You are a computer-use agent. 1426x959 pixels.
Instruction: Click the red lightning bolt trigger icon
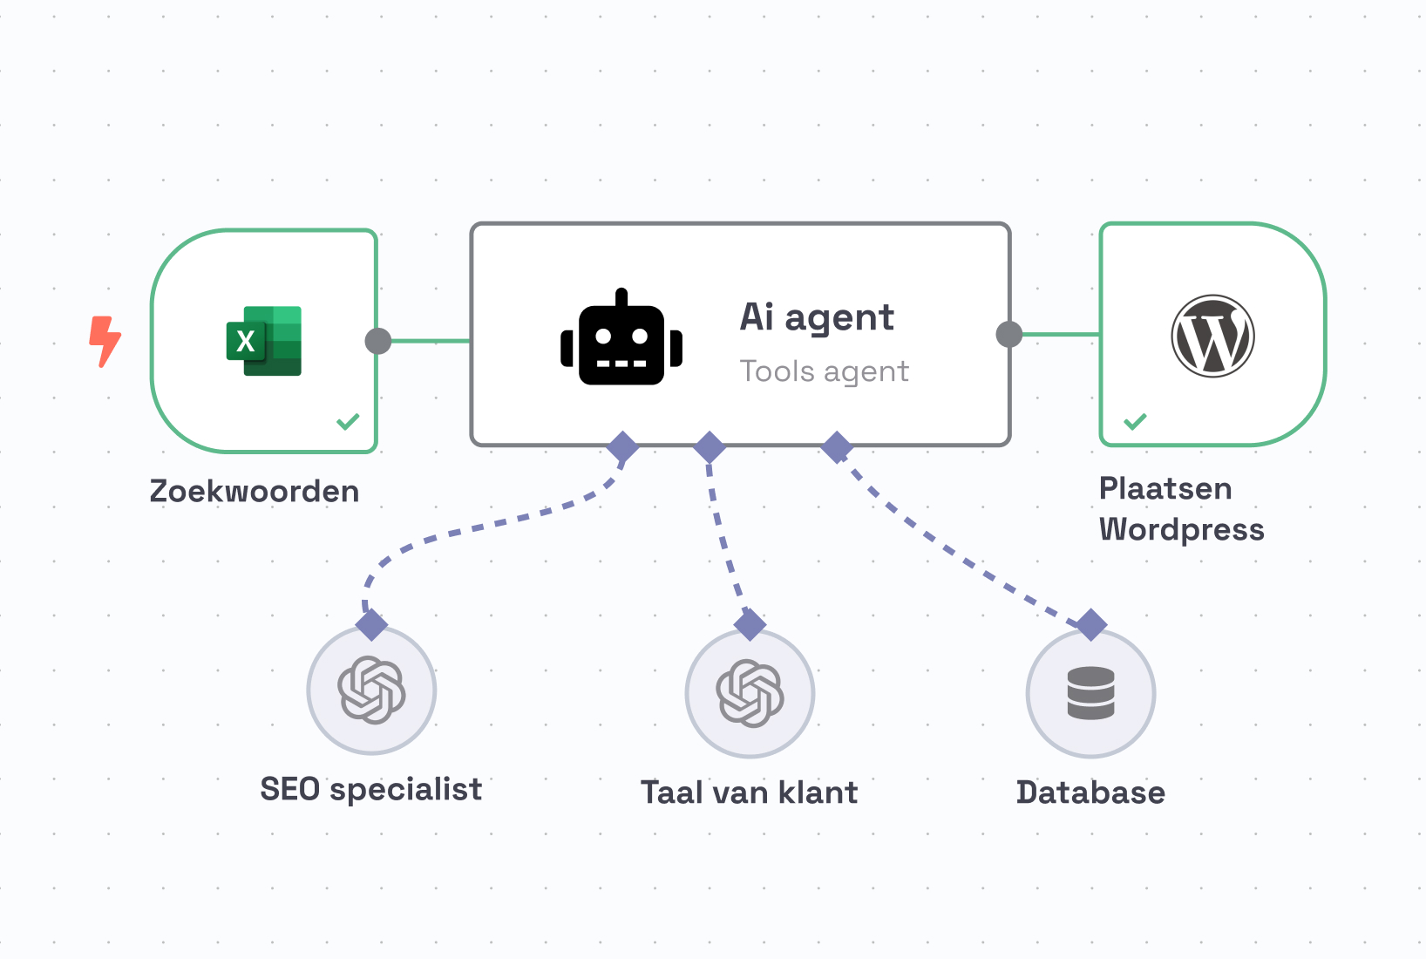pos(105,341)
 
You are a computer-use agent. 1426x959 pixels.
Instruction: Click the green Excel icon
pos(264,341)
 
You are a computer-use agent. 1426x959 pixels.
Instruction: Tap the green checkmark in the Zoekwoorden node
pos(348,422)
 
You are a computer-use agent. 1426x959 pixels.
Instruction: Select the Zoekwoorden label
pos(254,491)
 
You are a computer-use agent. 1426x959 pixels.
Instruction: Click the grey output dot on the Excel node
pos(377,341)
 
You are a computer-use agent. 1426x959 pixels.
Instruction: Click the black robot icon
pos(621,339)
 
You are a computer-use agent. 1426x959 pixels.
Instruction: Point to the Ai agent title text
pos(817,317)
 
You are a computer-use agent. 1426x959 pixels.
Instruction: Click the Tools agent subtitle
pos(824,371)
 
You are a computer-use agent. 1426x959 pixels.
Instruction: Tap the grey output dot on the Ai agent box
pos(1008,334)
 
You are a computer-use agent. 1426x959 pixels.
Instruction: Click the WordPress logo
pos(1212,336)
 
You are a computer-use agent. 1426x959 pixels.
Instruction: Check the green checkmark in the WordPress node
pos(1135,422)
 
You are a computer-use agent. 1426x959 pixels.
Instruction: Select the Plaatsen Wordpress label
pos(1180,509)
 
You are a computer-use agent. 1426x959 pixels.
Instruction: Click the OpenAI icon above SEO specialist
pos(371,690)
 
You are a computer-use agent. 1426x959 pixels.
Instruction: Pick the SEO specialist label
pos(371,789)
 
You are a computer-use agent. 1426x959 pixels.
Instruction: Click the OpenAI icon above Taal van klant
pos(750,693)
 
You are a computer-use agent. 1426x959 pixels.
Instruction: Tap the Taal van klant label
pos(750,792)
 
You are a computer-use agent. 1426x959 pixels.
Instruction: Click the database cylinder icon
pos(1090,693)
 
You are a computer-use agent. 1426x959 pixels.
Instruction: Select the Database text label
pos(1090,792)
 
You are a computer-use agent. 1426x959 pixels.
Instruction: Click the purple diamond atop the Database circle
pos(1091,624)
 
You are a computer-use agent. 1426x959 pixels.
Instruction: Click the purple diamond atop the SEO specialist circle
pos(371,624)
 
